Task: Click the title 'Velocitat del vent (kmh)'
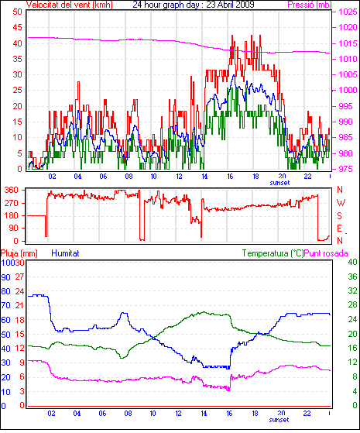point(70,5)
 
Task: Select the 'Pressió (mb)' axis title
point(310,5)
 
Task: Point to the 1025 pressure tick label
point(348,12)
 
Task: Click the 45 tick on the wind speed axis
point(17,27)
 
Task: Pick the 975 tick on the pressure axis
point(345,169)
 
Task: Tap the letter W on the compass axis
point(341,203)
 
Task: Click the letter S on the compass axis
point(340,215)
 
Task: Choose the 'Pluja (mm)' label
point(19,253)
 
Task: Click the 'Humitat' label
point(66,253)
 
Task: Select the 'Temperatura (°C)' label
point(273,253)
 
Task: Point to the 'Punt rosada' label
point(326,253)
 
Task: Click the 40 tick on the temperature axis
point(352,262)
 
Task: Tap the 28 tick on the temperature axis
point(352,304)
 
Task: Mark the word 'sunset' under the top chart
point(279,183)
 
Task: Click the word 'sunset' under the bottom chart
point(279,420)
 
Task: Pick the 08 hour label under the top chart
point(129,177)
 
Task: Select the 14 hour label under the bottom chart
point(204,414)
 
